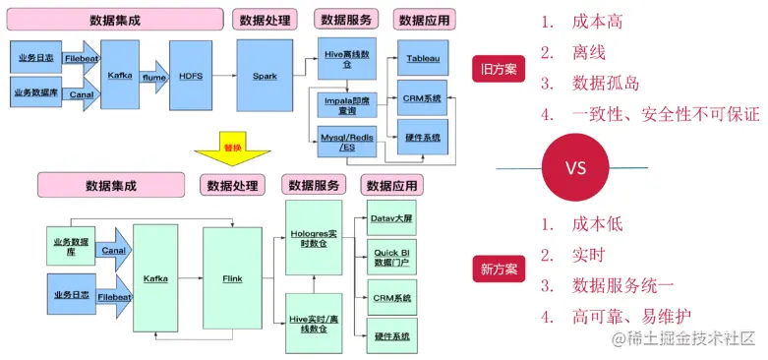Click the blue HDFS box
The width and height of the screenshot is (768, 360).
pos(190,74)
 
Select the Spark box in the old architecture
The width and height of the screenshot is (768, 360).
pos(265,74)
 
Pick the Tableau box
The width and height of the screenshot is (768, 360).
pos(423,60)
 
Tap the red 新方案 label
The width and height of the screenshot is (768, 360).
pos(500,269)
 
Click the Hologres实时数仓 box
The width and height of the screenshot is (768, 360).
pos(312,235)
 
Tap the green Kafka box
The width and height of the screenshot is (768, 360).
pos(155,278)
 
